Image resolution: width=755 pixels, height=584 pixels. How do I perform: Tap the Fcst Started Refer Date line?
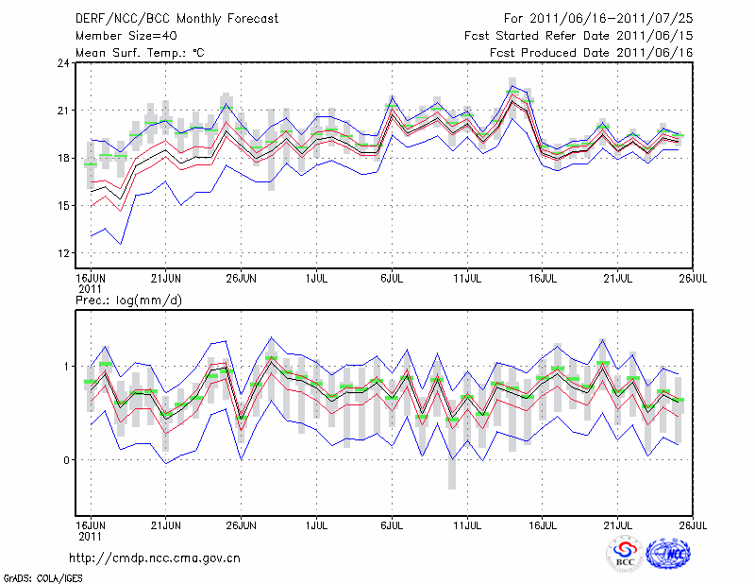[x=579, y=36]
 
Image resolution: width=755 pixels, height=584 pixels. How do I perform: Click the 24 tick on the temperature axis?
[x=64, y=63]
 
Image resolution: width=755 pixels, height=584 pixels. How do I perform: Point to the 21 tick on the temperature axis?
[x=64, y=111]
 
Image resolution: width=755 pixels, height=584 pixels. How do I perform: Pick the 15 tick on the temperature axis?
[x=64, y=205]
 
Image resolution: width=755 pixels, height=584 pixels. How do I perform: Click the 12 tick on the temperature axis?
[x=64, y=252]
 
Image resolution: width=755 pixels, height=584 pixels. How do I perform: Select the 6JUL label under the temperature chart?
[x=392, y=279]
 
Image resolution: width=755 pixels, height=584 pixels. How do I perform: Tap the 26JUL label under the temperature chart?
[x=694, y=279]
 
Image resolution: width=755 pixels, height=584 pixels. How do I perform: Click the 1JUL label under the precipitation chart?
[x=317, y=523]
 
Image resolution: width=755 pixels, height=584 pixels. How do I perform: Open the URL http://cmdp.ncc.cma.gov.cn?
[x=155, y=558]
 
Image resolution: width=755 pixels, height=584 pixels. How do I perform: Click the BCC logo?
[x=626, y=555]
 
